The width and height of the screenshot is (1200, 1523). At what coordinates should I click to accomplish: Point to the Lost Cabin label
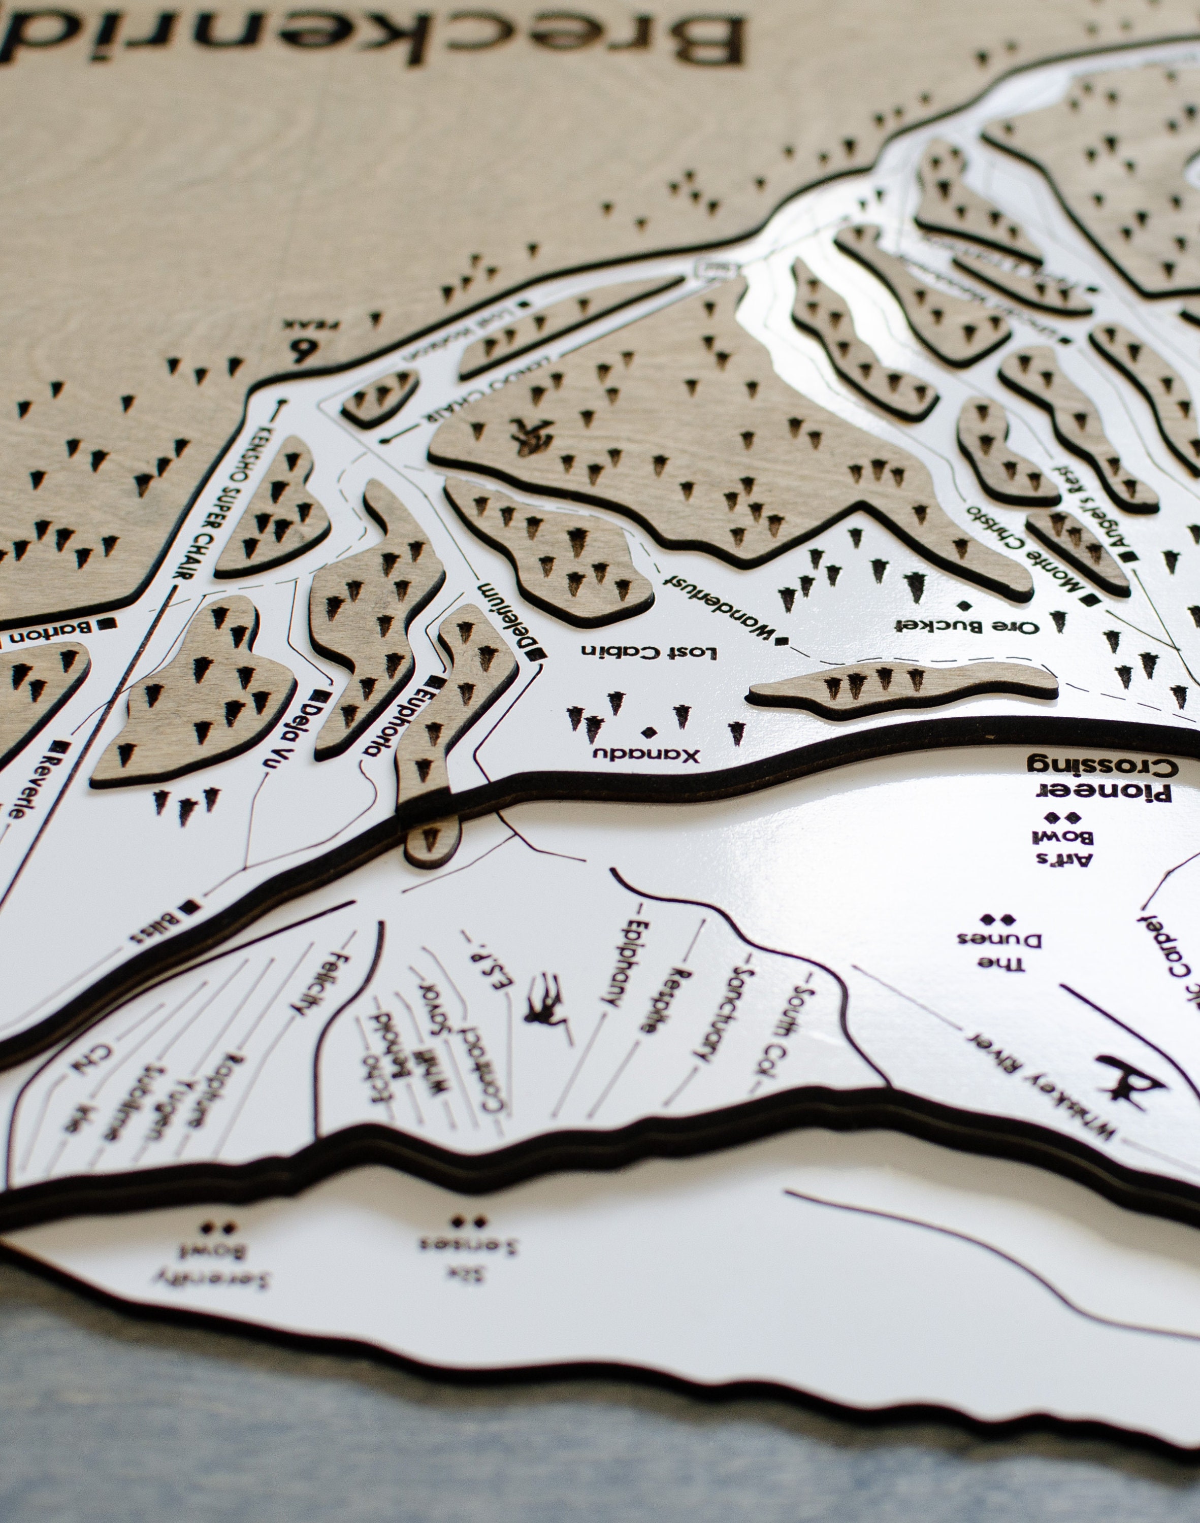pos(648,652)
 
